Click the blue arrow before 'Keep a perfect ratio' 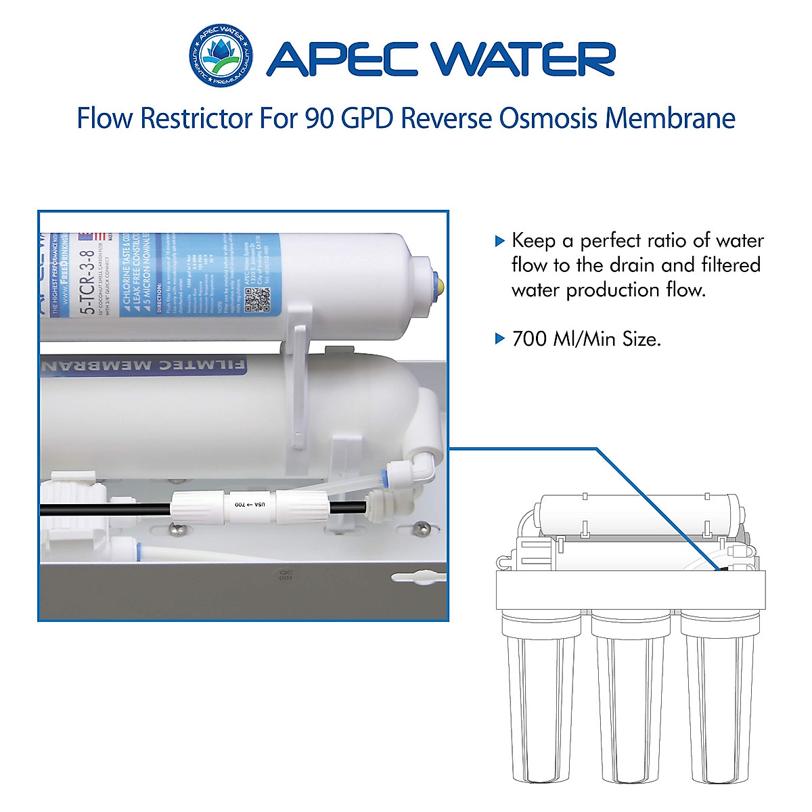click(x=500, y=241)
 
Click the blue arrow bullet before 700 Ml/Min click(x=500, y=338)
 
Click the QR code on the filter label click(x=257, y=299)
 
